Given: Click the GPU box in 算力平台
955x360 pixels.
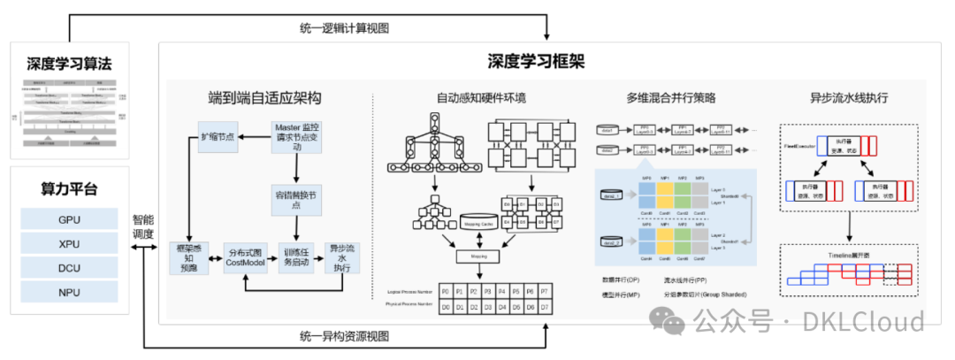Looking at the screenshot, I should click(69, 218).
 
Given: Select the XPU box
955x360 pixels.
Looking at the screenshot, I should click(69, 243).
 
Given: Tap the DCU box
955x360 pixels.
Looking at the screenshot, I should click(69, 267).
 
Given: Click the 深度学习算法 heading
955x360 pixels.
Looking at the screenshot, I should click(69, 64).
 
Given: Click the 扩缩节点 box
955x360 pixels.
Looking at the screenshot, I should click(219, 139).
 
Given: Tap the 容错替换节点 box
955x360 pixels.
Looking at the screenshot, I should click(295, 199).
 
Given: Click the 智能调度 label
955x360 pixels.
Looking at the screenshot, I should click(143, 226).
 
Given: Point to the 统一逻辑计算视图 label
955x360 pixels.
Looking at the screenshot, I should click(344, 28).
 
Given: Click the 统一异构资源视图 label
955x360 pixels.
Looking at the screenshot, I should click(344, 337).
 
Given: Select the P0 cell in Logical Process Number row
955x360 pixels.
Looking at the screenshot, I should click(446, 290).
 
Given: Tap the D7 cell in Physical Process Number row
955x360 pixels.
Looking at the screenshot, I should click(545, 305).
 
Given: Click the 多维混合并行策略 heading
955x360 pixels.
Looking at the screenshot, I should click(670, 97).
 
